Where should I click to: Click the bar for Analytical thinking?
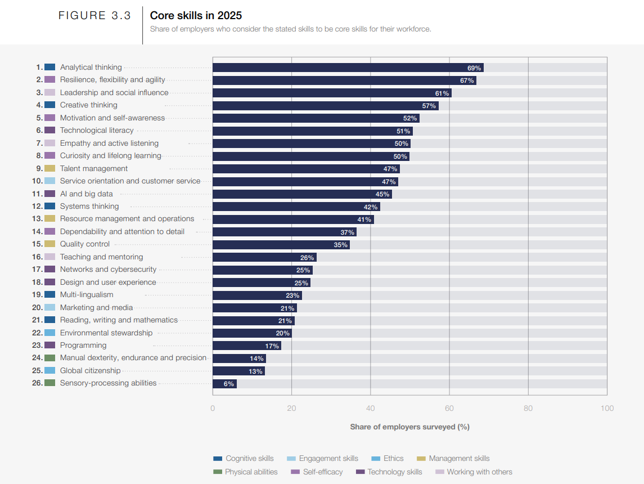(348, 68)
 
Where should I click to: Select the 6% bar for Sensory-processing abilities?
(224, 384)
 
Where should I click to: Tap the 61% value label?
(442, 93)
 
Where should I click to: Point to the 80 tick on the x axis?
(528, 408)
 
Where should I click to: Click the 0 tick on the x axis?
(213, 408)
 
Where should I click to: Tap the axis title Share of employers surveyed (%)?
(409, 427)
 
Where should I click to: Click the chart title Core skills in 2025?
(196, 16)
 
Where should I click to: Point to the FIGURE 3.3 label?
(94, 16)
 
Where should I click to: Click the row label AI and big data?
(87, 194)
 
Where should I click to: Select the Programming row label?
(83, 346)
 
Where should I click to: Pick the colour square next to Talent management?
(49, 169)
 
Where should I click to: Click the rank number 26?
(37, 383)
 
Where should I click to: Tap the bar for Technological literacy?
(312, 131)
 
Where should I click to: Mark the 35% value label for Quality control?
(340, 245)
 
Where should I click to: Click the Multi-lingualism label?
(87, 295)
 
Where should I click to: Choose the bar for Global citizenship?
(238, 371)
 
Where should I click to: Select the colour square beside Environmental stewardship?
(49, 333)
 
